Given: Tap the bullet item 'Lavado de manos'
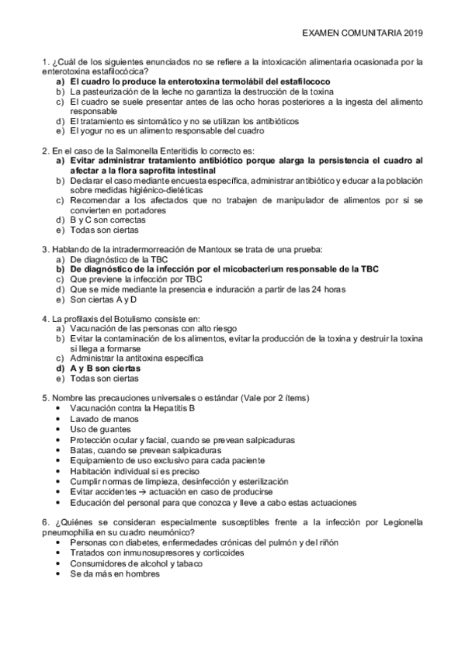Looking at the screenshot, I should click(x=100, y=419).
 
